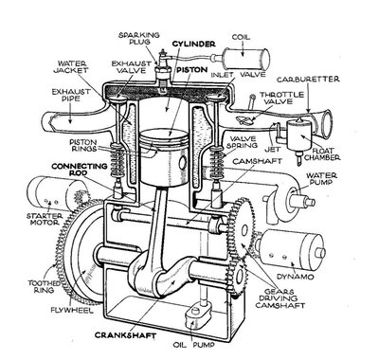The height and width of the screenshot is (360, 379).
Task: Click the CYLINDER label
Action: [195, 44]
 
